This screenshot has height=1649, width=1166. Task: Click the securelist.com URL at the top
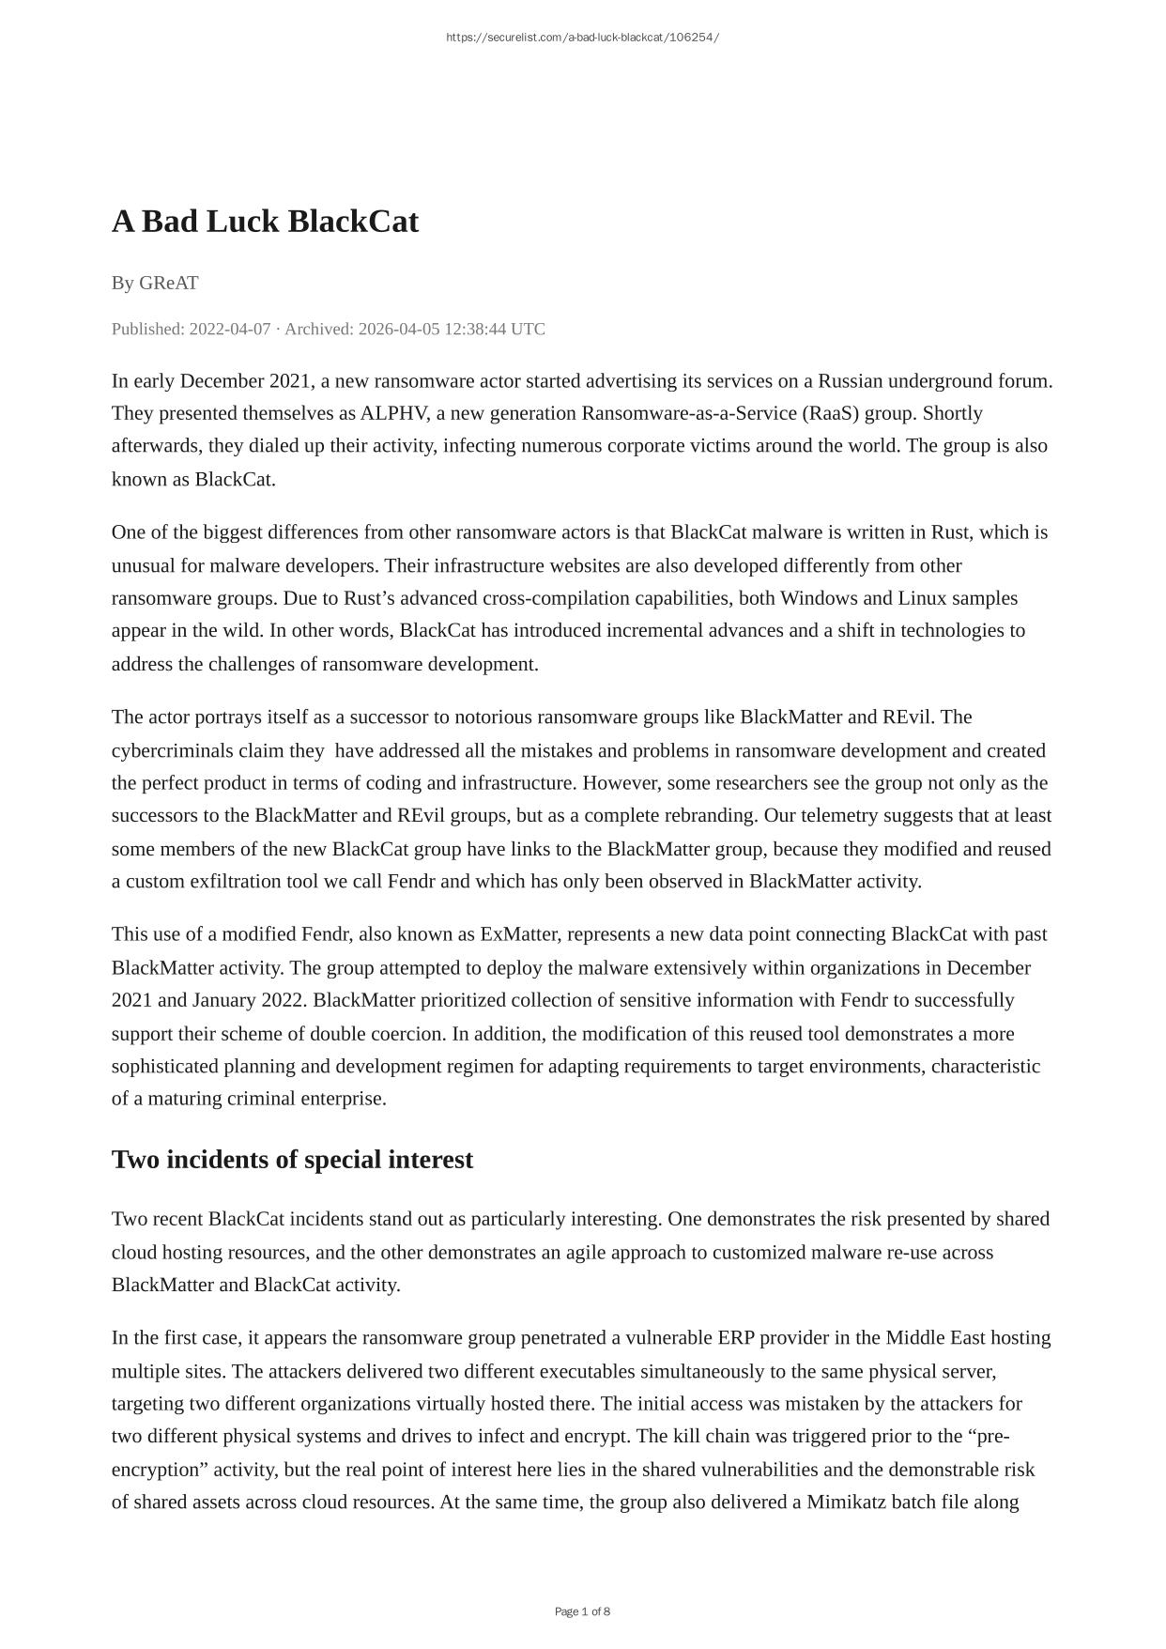pyautogui.click(x=582, y=38)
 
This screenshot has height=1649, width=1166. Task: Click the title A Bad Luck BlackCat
pyautogui.click(x=265, y=222)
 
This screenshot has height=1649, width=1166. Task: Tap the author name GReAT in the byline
pyautogui.click(x=169, y=283)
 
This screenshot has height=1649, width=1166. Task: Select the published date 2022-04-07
pyautogui.click(x=229, y=329)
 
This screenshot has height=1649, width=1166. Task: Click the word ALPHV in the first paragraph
pyautogui.click(x=392, y=413)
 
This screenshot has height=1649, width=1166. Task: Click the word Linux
pyautogui.click(x=922, y=598)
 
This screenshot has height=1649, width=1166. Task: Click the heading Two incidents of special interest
pyautogui.click(x=292, y=1160)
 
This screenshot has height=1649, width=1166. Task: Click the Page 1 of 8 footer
pyautogui.click(x=582, y=1611)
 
